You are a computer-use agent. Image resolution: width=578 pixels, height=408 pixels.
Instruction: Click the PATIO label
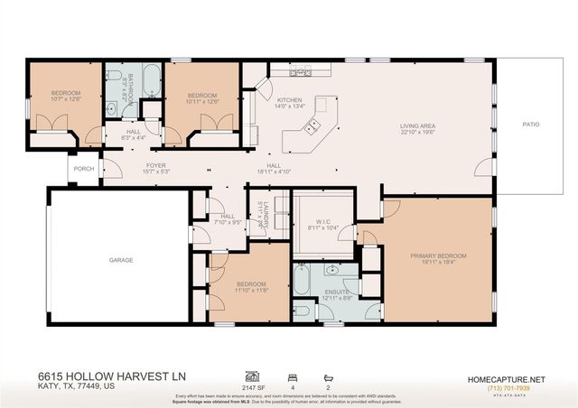(530, 124)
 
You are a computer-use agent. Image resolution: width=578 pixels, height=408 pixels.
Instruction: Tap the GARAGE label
(121, 260)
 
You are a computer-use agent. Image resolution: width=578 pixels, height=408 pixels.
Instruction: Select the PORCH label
(84, 168)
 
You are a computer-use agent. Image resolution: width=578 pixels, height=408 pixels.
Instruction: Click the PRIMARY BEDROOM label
(435, 255)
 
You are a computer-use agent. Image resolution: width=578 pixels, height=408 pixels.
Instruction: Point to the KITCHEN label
(289, 99)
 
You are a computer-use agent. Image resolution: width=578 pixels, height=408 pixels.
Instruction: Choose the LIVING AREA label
(419, 125)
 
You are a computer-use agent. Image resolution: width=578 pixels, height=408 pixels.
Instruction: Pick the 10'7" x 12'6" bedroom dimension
(65, 99)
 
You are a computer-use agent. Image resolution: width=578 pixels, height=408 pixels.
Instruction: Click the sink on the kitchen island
(313, 127)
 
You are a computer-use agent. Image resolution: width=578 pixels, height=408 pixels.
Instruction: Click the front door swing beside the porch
(110, 168)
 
